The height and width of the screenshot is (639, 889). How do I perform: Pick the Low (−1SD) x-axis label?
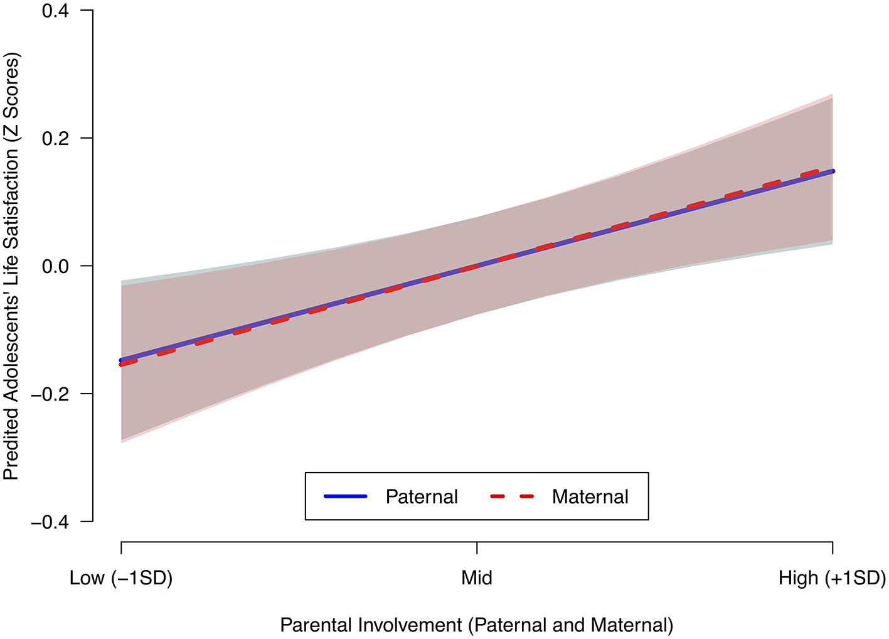pos(121,578)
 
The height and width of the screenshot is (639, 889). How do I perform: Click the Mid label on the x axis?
pos(477,578)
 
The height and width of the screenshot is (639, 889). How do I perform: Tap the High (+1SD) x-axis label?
pos(832,578)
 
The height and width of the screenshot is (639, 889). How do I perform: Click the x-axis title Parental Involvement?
pos(477,625)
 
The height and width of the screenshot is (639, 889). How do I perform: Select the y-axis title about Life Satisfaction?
pos(12,266)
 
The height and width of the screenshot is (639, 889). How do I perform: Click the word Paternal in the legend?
pos(422,497)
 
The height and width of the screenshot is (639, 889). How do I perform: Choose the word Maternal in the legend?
pos(590,497)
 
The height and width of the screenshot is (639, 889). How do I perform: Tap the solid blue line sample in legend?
pos(345,497)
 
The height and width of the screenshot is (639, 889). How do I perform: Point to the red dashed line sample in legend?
pos(512,497)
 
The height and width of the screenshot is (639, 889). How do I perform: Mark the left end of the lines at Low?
pos(122,362)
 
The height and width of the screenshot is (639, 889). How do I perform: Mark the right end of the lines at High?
pos(832,171)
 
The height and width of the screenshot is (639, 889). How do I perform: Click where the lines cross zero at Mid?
pos(477,266)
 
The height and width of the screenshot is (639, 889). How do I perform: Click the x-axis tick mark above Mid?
pos(477,548)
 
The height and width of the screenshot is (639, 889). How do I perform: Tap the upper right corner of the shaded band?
pos(831,96)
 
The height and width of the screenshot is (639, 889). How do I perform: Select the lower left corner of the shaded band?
pos(122,441)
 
